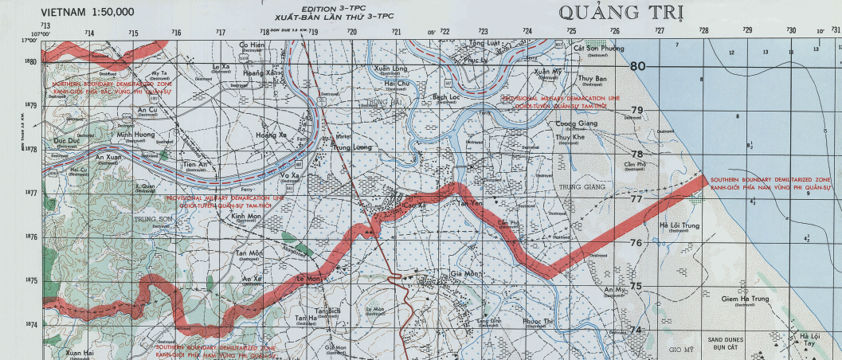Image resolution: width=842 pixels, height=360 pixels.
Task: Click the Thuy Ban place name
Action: click(x=592, y=79)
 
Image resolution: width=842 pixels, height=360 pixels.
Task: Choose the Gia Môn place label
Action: click(x=467, y=273)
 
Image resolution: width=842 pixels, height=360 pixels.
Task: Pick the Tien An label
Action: click(x=195, y=164)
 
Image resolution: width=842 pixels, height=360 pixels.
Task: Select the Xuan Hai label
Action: click(x=80, y=352)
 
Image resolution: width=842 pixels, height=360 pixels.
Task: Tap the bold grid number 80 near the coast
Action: click(x=637, y=67)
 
